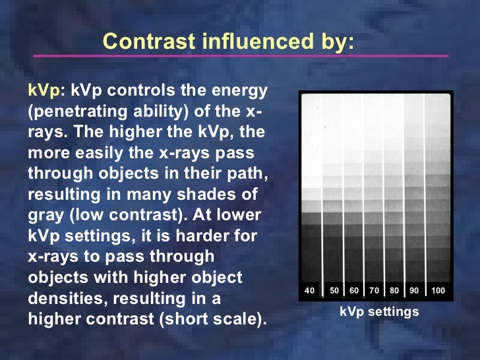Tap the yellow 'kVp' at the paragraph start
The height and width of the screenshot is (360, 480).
43,90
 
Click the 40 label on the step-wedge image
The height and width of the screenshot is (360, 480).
310,291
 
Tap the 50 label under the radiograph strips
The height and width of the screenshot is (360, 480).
334,291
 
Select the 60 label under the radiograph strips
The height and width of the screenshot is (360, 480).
354,291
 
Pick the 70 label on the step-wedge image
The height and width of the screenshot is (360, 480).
374,291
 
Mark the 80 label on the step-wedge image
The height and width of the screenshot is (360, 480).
394,291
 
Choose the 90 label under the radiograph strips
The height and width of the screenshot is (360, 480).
414,291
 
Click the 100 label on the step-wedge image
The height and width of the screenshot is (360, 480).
438,291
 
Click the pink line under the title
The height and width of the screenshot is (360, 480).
231,55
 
